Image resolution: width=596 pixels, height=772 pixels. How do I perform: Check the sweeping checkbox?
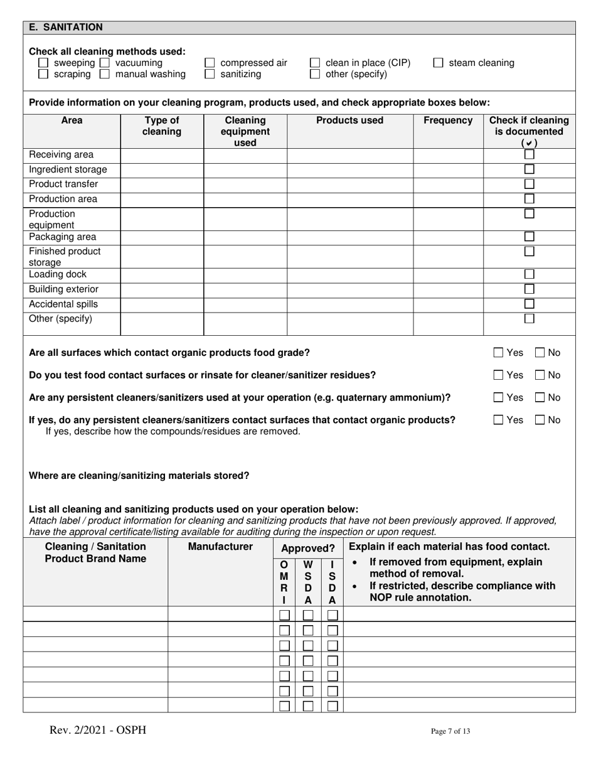tap(43, 63)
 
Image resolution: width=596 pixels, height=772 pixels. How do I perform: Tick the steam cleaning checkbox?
tap(439, 63)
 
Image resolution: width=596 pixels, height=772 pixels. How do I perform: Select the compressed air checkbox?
tap(210, 63)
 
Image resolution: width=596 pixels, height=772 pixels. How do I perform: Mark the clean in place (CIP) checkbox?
tap(315, 63)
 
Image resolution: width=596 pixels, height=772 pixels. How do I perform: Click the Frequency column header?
tap(448, 121)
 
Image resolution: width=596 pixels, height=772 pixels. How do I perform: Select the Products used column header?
tap(349, 121)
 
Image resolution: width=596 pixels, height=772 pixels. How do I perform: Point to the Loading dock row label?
tap(58, 275)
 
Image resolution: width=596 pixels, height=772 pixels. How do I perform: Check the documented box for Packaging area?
tap(529, 237)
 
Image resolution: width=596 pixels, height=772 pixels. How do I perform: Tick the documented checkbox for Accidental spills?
tap(529, 304)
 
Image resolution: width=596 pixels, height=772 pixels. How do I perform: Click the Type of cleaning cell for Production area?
tap(161, 200)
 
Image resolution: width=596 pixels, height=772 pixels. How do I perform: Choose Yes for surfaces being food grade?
tap(499, 353)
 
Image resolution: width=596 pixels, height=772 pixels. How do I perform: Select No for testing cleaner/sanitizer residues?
tap(540, 375)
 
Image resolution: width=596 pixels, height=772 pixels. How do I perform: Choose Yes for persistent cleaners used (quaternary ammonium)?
tap(499, 397)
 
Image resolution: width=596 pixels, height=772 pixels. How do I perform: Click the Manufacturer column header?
tap(220, 547)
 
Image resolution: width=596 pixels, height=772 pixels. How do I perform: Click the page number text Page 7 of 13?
tap(450, 731)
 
